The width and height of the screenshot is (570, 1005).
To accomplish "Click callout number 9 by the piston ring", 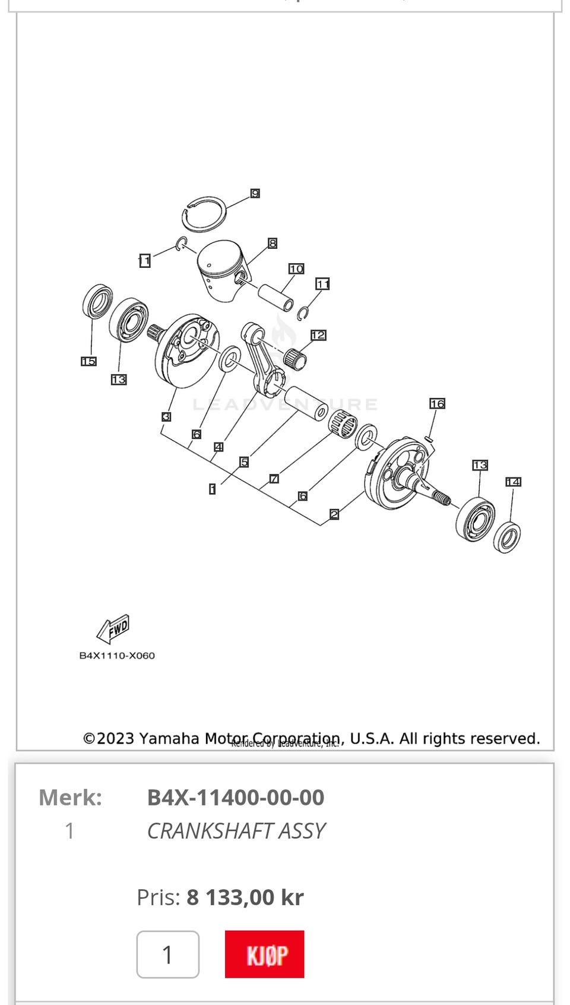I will [x=255, y=194].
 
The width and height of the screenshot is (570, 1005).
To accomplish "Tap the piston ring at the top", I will [x=204, y=214].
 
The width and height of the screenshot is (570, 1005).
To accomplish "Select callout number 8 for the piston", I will [x=273, y=243].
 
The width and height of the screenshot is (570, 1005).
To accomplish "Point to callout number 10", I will [x=296, y=269].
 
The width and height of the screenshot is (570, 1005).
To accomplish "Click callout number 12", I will [x=318, y=335].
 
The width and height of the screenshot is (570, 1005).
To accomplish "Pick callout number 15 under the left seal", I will [x=88, y=361].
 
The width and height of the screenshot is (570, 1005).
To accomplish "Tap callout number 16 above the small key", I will [x=437, y=404].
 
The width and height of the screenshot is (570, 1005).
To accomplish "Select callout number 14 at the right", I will [x=513, y=482].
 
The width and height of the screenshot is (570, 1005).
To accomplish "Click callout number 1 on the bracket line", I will [x=212, y=489].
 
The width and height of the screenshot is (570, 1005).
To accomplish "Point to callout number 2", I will [x=334, y=514].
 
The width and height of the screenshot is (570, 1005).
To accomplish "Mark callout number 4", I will [x=218, y=447].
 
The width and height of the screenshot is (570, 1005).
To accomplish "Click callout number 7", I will [x=274, y=479].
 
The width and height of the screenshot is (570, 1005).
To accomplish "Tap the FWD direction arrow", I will [x=113, y=629].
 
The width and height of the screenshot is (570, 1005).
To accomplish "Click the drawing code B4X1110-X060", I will [x=117, y=656].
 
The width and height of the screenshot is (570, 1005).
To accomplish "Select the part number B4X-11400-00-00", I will [x=236, y=797].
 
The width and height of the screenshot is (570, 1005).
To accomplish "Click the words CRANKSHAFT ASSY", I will [x=236, y=830].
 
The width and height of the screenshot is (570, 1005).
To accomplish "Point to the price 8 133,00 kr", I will [x=245, y=897].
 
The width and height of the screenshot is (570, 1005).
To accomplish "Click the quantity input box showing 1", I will [x=167, y=955].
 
